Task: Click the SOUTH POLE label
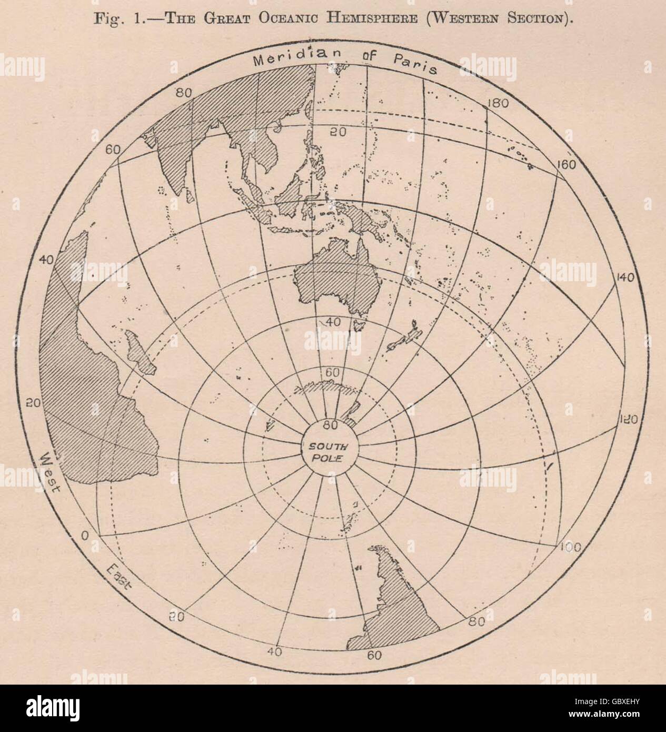click(326, 452)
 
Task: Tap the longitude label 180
click(497, 103)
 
